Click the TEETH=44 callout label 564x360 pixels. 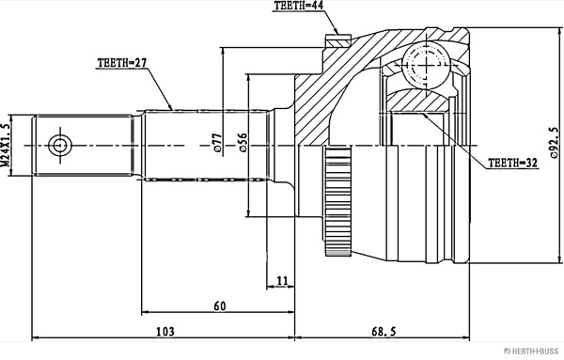pyautogui.click(x=298, y=6)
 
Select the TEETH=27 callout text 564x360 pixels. pyautogui.click(x=122, y=63)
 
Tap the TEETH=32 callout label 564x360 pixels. pyautogui.click(x=512, y=164)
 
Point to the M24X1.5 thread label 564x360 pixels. pyautogui.click(x=6, y=145)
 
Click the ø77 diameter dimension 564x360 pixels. pyautogui.click(x=217, y=143)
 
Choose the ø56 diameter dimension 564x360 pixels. pyautogui.click(x=243, y=143)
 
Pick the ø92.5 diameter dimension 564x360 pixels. pyautogui.click(x=555, y=143)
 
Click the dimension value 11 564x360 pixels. pyautogui.click(x=283, y=280)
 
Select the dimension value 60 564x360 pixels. pyautogui.click(x=220, y=306)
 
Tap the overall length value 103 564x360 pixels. pyautogui.click(x=165, y=332)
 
